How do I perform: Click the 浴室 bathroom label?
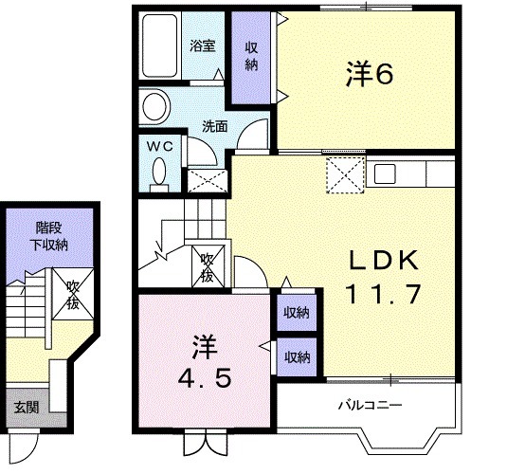pos(203,46)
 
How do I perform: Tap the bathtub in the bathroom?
pos(160,46)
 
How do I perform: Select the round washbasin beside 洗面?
pos(155,107)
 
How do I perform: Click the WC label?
pos(160,147)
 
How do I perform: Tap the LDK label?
pos(384,261)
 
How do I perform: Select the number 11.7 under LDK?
pos(384,294)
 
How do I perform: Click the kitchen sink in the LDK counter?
pos(385,173)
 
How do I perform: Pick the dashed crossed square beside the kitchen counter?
pos(345,174)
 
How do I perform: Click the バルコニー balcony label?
pos(371,405)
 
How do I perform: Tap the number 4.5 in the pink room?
pos(205,378)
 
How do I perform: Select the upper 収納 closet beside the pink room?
pos(297,313)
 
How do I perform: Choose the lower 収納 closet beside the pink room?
pos(297,357)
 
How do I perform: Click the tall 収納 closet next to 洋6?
pos(251,57)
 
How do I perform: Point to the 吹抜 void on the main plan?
pos(208,266)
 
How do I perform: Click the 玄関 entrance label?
pos(27,408)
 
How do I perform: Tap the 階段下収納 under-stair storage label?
pos(49,236)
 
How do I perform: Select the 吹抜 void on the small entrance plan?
pos(73,295)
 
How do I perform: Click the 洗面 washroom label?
pos(215,126)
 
